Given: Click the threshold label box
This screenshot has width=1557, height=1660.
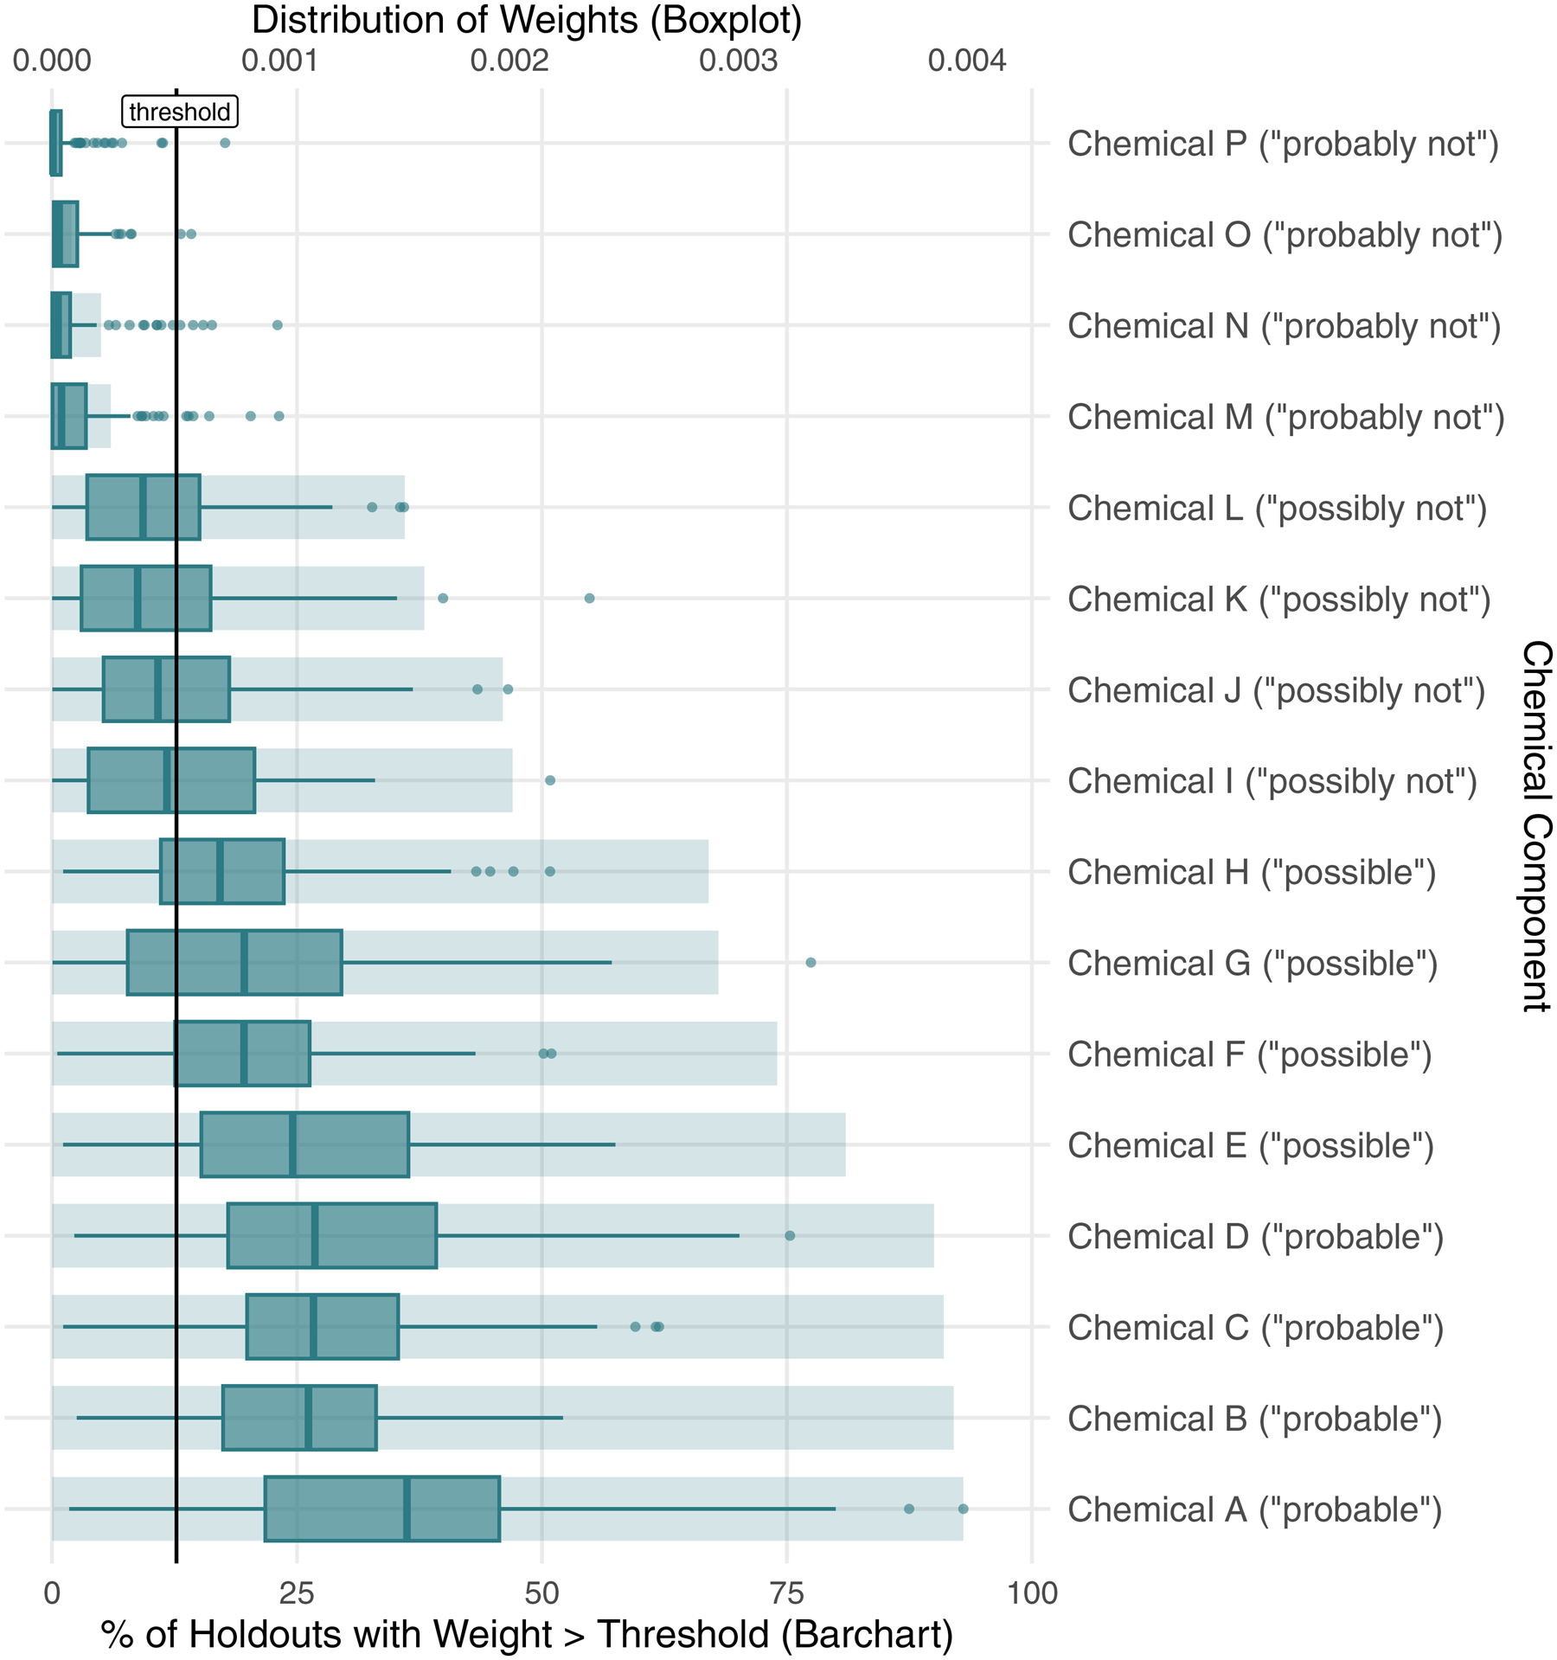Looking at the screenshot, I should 179,112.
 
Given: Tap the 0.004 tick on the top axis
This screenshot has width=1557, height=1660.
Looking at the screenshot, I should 967,61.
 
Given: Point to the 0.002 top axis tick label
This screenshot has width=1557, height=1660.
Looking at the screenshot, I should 509,61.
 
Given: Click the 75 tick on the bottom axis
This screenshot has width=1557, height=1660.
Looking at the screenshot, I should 786,1593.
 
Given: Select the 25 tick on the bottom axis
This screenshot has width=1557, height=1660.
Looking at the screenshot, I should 297,1593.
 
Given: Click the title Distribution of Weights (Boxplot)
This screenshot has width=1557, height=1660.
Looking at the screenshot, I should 527,21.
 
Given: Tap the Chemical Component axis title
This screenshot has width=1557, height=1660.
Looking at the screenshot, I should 1536,825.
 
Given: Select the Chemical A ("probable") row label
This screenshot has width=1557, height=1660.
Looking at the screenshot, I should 1254,1509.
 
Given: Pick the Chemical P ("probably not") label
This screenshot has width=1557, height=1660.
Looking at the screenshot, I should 1283,144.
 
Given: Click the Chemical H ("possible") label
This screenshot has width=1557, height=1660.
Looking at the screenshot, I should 1252,872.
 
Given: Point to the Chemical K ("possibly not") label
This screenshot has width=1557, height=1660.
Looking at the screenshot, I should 1278,599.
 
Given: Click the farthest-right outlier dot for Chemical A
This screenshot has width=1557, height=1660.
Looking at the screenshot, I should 963,1509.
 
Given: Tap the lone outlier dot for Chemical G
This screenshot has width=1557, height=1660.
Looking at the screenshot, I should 811,963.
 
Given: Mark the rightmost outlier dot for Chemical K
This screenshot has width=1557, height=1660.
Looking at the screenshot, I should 589,599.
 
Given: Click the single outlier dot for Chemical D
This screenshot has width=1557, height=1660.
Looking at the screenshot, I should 790,1235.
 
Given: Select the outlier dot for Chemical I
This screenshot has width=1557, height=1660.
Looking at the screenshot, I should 550,780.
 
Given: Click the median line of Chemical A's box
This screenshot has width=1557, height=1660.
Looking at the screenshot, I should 407,1509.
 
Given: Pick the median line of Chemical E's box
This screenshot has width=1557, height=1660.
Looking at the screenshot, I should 292,1144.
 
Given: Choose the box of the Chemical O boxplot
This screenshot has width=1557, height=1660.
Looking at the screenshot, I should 66,234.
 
